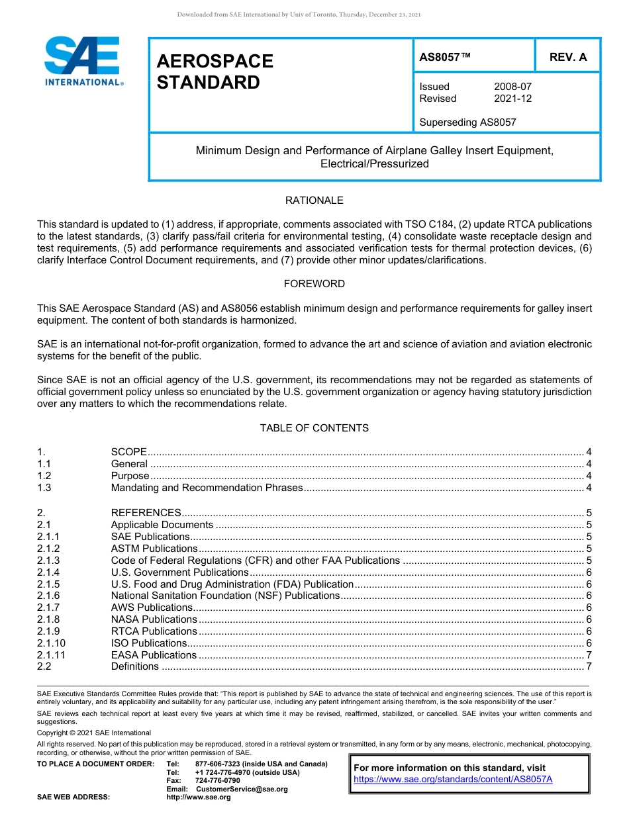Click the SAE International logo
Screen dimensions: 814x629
[x=82, y=61]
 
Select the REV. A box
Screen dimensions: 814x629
[x=567, y=57]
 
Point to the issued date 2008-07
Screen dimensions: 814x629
[x=512, y=87]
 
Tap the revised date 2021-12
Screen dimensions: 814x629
[x=512, y=99]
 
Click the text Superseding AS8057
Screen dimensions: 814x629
[x=467, y=122]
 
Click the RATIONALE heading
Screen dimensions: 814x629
[x=314, y=201]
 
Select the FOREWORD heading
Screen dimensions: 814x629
[x=314, y=284]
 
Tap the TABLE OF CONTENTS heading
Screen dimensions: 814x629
[x=314, y=428]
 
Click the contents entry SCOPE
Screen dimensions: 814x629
[x=128, y=452]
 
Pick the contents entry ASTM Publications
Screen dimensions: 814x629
[x=154, y=549]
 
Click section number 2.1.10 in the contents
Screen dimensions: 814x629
[x=51, y=643]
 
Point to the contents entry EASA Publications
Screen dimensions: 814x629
[x=154, y=655]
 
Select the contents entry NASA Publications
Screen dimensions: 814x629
[x=154, y=619]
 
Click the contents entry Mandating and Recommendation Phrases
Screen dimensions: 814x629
[x=207, y=488]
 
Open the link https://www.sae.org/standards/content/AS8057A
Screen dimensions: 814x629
[x=453, y=780]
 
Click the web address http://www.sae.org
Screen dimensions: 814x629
[x=199, y=797]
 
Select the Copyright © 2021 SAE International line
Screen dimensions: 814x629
[x=94, y=733]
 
